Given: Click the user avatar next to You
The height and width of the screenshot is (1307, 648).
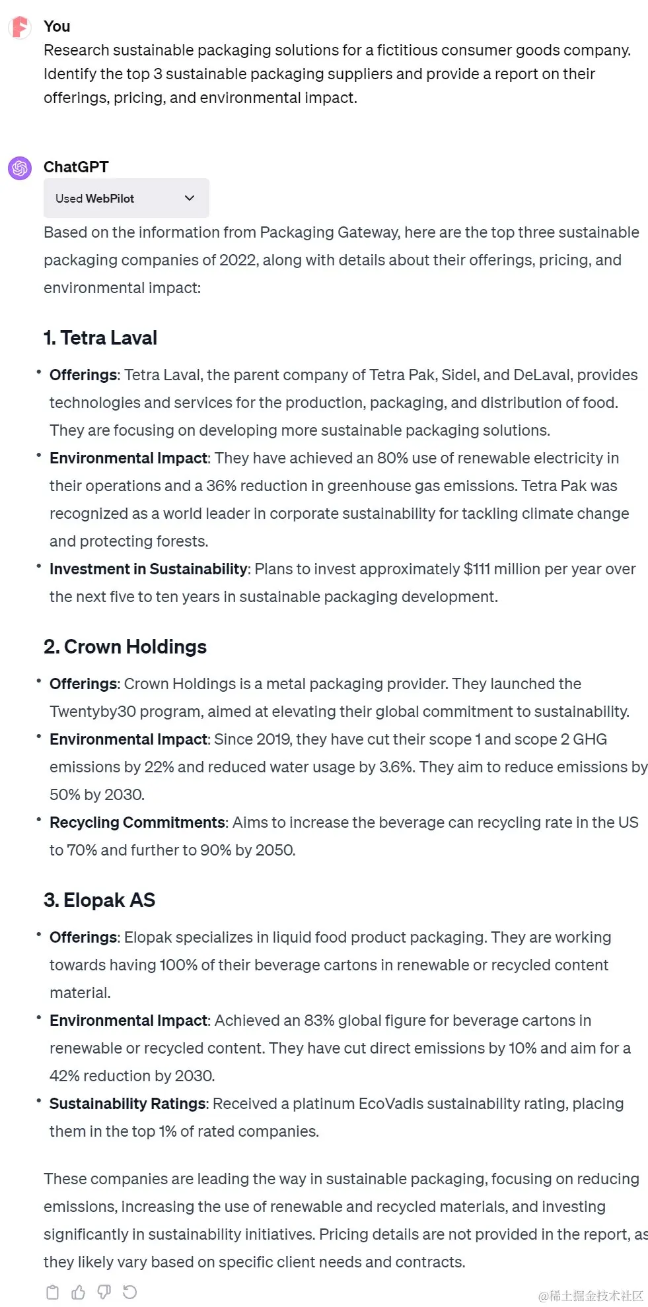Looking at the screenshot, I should [x=20, y=27].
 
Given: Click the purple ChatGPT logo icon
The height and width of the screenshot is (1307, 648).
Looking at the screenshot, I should [x=20, y=168].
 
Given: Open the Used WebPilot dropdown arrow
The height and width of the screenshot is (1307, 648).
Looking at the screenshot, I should [x=190, y=198].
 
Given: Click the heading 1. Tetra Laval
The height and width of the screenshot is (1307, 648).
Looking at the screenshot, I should [x=100, y=338].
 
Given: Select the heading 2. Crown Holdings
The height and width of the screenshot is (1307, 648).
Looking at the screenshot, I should [x=125, y=647].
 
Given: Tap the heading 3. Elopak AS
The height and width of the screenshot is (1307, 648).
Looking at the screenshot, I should [x=99, y=900].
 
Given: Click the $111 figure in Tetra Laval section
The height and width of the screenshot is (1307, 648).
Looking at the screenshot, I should [x=476, y=569].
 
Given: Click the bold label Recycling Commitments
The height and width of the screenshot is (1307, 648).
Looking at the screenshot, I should [x=137, y=822].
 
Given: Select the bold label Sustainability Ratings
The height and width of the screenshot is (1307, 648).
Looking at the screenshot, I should [x=127, y=1104].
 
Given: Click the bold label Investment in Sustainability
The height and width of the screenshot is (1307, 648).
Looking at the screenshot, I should [x=148, y=569].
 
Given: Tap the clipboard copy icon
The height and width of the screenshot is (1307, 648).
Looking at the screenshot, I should [x=52, y=1292].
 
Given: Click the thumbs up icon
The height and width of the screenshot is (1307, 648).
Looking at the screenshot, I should [x=78, y=1292].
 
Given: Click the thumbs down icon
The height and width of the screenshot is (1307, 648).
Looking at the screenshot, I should [x=104, y=1292].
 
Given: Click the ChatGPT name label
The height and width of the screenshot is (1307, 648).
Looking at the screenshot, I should [x=76, y=167].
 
